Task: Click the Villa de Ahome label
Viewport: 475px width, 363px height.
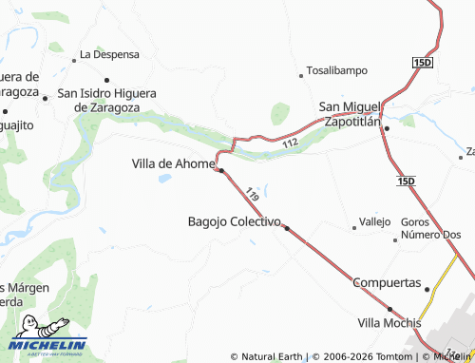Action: (x=174, y=163)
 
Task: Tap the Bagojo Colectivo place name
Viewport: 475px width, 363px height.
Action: (x=233, y=221)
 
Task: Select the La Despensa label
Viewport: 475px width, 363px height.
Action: (x=109, y=54)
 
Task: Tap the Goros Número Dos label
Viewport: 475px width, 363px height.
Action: (x=430, y=228)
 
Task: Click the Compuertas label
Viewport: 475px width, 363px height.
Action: (x=386, y=283)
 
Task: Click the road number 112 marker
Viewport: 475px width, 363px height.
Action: (x=290, y=143)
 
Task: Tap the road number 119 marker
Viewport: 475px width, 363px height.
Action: (x=252, y=193)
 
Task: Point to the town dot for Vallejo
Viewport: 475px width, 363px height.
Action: (x=354, y=227)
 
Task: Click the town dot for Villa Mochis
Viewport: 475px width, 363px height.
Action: (x=389, y=309)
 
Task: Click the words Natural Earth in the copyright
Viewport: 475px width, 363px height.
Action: (x=271, y=356)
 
